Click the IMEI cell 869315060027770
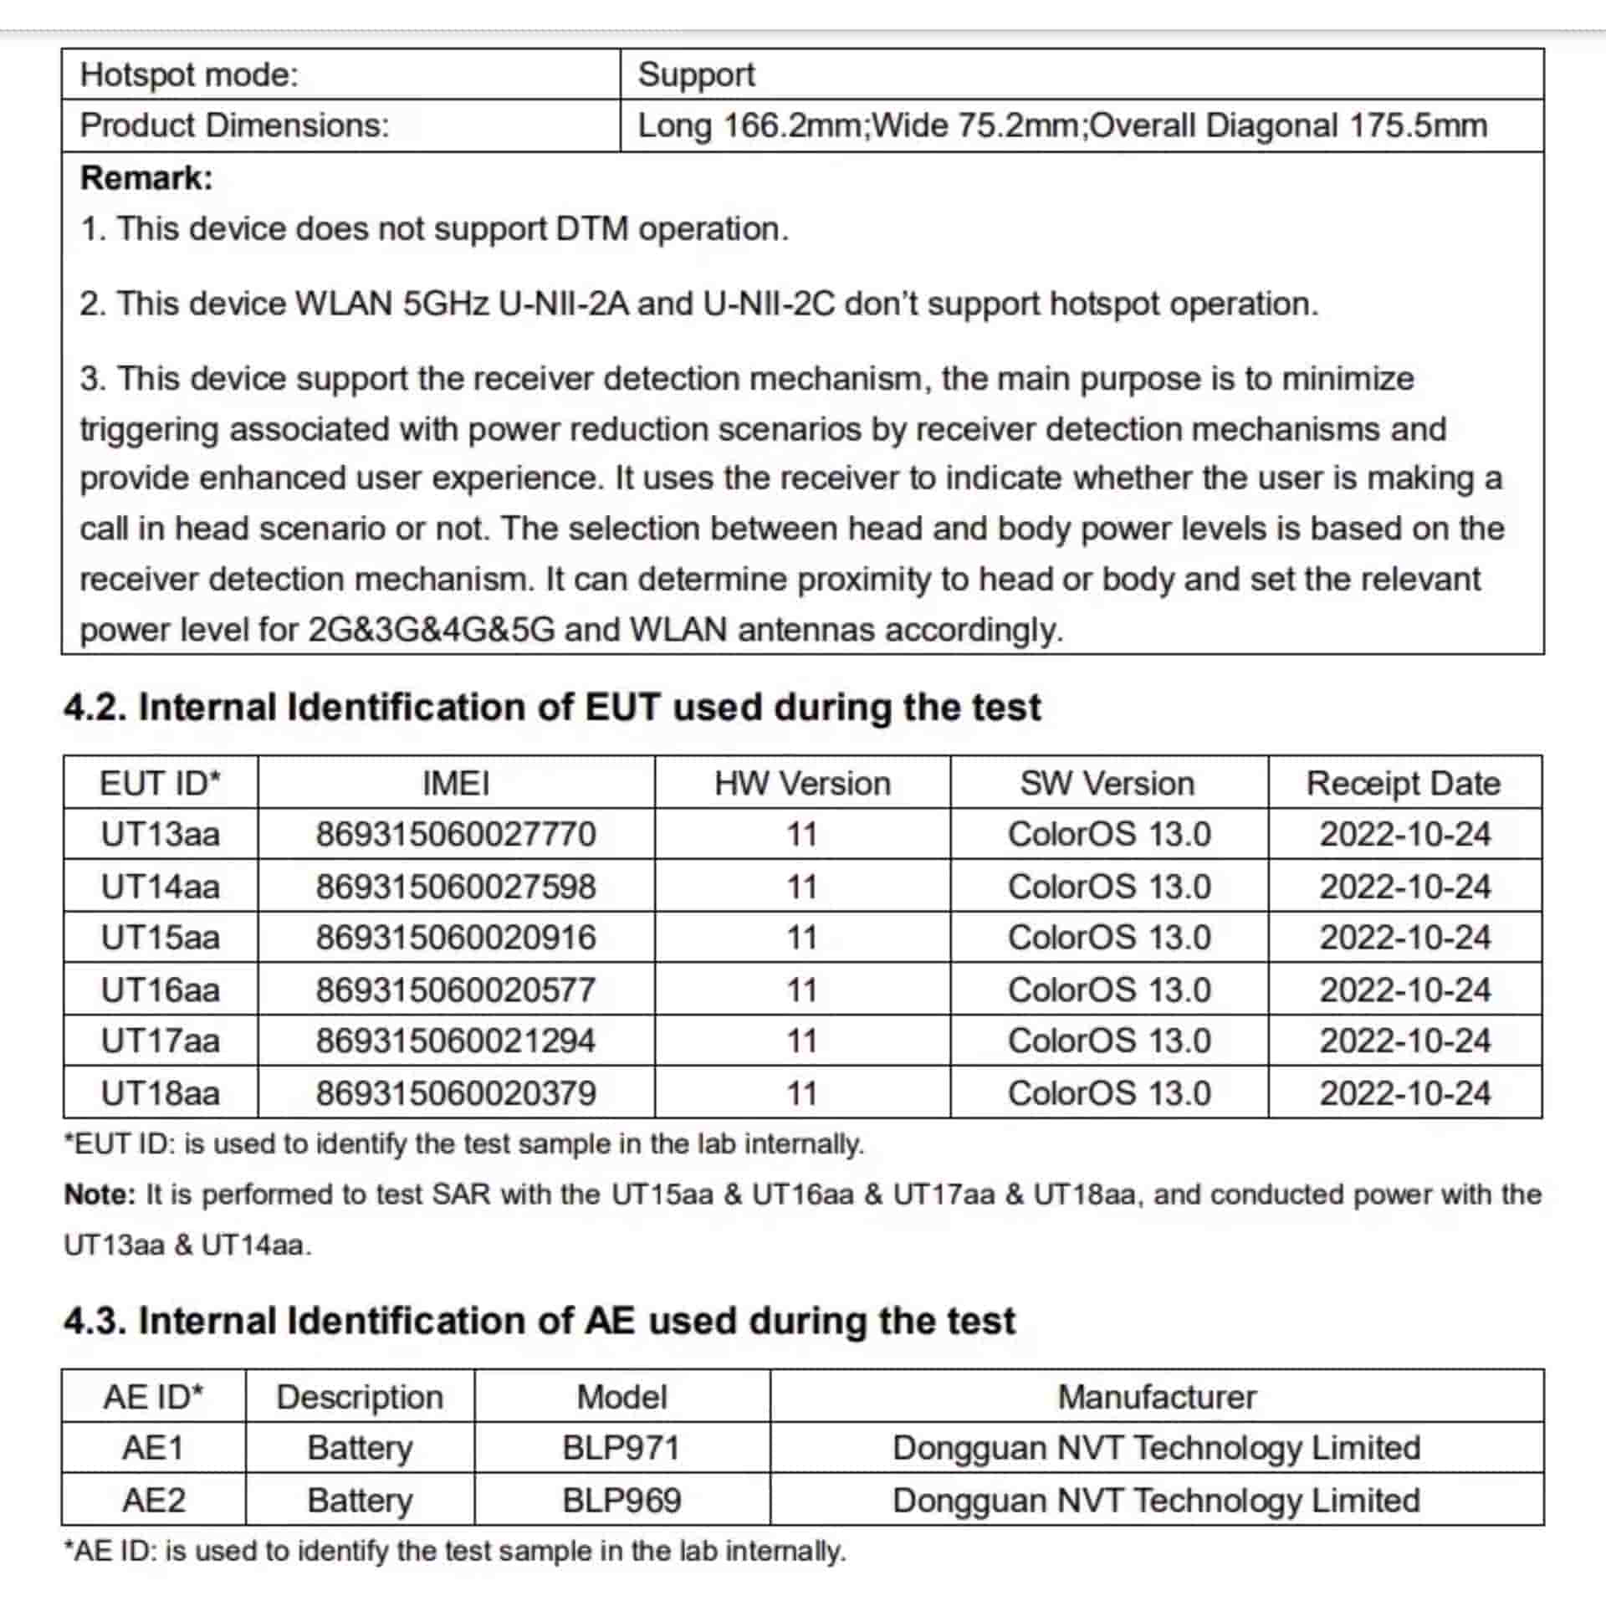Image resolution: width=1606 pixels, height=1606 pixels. (x=455, y=834)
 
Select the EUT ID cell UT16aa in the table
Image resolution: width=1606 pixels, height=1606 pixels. (x=160, y=990)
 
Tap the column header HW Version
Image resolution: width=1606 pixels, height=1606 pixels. (x=801, y=784)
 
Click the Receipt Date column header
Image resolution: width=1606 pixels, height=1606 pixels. (x=1403, y=784)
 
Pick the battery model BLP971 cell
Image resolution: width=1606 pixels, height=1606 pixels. (x=621, y=1448)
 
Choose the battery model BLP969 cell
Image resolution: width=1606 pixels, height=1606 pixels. (x=621, y=1500)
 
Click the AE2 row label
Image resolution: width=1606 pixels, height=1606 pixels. (x=153, y=1500)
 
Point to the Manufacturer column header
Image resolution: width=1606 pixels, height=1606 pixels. (x=1156, y=1397)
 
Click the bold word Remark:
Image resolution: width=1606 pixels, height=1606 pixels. (x=146, y=178)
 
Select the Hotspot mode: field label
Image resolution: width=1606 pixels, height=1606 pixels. (x=189, y=75)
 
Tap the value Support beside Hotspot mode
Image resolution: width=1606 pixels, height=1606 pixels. (x=696, y=75)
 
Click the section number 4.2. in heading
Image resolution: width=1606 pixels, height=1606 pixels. (x=95, y=708)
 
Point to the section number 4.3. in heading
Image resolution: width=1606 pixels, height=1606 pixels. (x=95, y=1322)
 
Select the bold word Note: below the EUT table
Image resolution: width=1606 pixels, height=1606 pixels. (x=99, y=1194)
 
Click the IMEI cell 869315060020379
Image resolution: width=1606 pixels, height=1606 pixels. (x=455, y=1092)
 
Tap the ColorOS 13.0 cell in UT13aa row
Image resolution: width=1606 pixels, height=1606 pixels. (x=1108, y=834)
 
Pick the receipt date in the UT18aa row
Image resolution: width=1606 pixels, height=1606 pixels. (x=1404, y=1092)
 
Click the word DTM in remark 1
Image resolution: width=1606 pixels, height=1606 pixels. (x=591, y=228)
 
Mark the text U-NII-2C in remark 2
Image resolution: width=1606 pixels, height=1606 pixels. (x=769, y=304)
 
